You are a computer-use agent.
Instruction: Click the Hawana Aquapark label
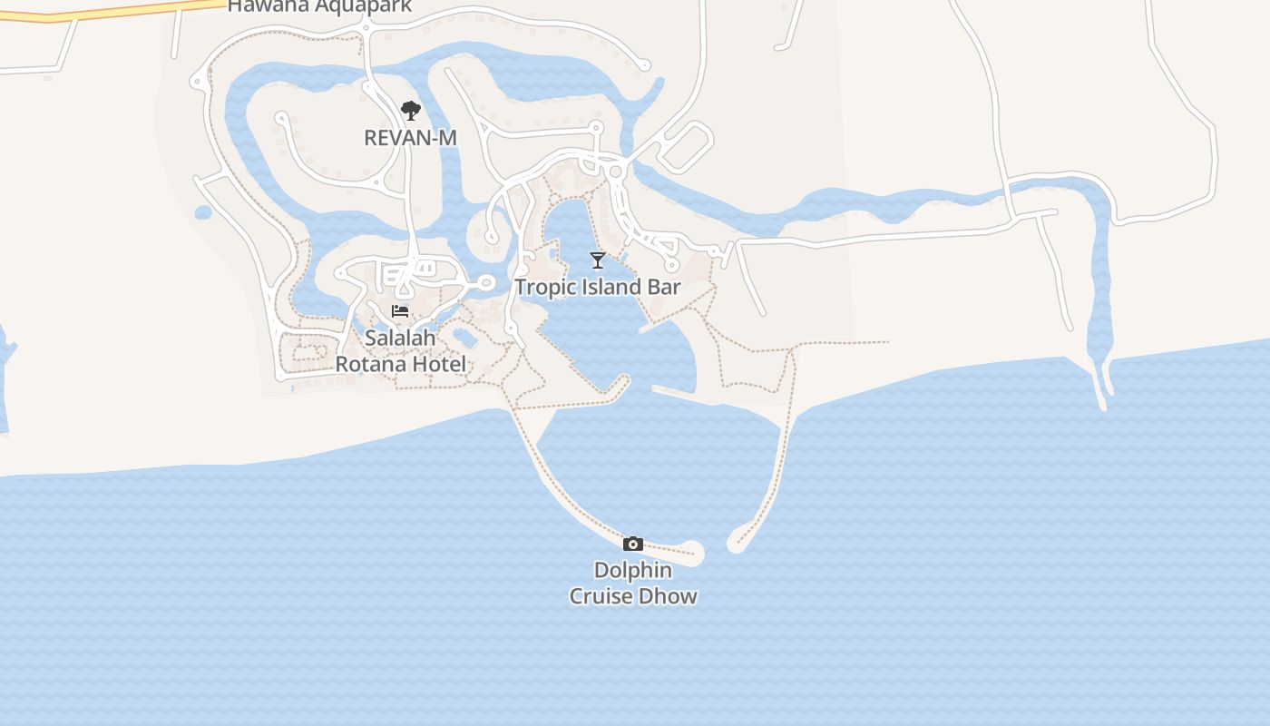point(319,5)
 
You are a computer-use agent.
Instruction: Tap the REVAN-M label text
point(410,138)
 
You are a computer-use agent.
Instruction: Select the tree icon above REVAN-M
point(411,111)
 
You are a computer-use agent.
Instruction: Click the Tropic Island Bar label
point(598,288)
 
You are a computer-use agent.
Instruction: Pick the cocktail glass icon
point(597,260)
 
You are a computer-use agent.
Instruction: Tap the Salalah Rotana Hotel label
point(400,351)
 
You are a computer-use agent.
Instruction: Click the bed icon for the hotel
point(400,311)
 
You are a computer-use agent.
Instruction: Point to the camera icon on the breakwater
point(633,544)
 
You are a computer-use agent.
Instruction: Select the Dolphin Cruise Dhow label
point(633,584)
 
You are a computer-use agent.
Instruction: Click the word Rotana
point(372,365)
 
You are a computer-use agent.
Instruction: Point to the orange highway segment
point(109,10)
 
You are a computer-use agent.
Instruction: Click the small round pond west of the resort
point(203,212)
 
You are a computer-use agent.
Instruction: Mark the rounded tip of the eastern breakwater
point(736,544)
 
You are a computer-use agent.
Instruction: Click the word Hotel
point(440,365)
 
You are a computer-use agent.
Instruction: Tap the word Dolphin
point(633,571)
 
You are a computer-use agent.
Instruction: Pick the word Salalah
point(400,338)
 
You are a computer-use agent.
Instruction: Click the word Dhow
point(669,596)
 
